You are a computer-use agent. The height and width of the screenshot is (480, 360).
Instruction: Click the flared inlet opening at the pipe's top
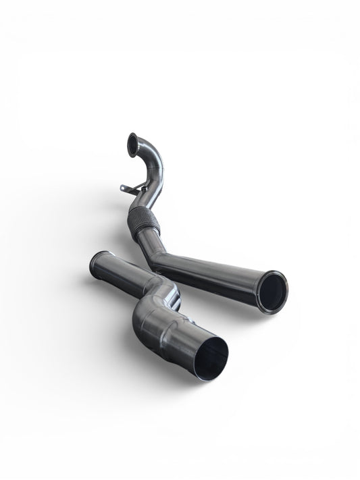[x=132, y=144]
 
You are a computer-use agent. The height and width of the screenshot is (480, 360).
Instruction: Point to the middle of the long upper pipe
[x=209, y=273]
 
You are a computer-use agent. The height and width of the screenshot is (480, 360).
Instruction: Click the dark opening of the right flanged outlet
[x=272, y=292]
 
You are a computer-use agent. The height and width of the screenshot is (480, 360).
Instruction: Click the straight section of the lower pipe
[x=125, y=277]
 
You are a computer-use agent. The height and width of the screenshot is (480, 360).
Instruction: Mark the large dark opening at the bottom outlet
[x=211, y=358]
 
